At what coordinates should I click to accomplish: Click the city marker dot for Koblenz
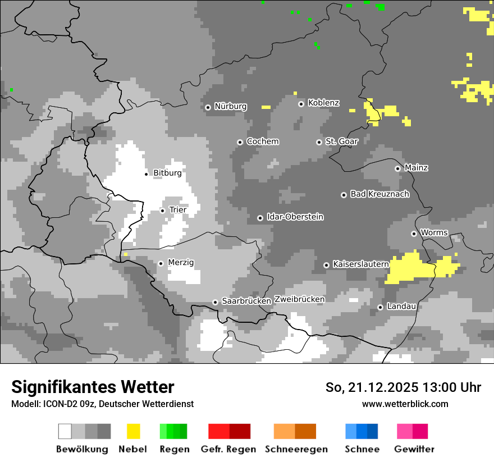pos(301,103)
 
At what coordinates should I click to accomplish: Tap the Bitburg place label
pos(167,173)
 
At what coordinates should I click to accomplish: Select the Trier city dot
pos(162,211)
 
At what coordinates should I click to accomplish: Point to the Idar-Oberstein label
pos(295,217)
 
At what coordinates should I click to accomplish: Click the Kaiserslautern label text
pos(359,264)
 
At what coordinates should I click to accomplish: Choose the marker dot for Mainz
pos(397,168)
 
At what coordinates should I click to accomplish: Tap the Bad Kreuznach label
pos(379,194)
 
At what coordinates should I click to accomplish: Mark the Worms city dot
pos(414,234)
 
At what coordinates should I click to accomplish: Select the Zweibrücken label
pos(299,299)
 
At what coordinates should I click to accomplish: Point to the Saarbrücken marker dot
pos(215,302)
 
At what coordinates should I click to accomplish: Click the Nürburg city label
pos(230,106)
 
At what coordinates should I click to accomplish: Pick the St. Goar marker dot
pos(319,142)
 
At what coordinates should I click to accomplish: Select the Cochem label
pos(262,141)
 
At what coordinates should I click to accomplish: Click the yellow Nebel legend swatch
pos(133,431)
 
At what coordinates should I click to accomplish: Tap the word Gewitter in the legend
pos(414,449)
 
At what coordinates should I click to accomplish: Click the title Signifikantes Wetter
pos(93,387)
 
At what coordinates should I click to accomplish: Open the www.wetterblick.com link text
pos(405,404)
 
